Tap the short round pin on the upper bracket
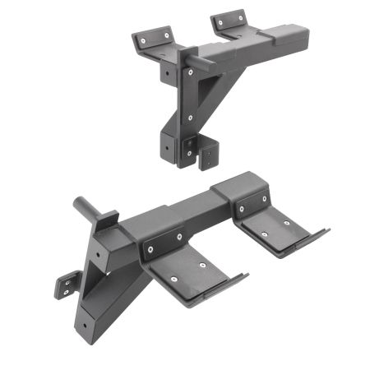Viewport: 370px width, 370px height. [202, 60]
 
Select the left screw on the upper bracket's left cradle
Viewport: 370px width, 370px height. [142, 38]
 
